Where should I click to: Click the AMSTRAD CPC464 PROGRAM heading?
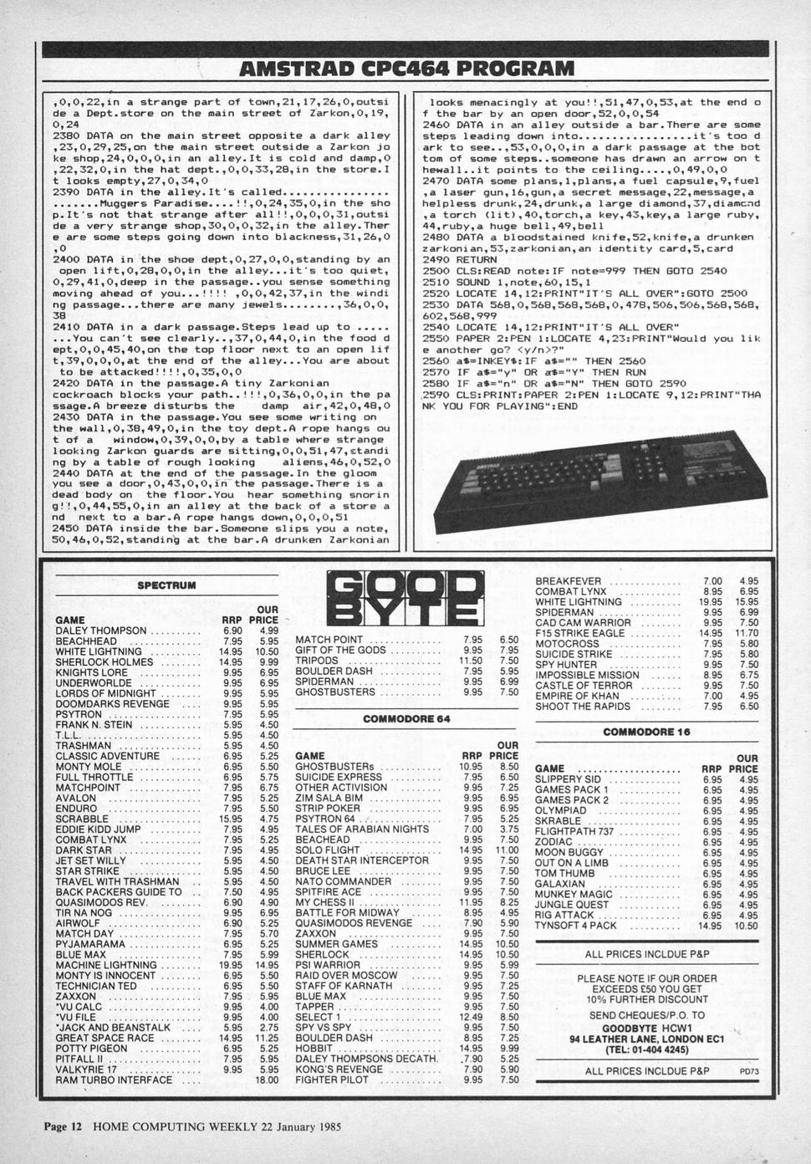tap(406, 68)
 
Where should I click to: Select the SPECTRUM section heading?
tap(166, 585)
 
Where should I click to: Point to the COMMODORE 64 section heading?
tap(406, 718)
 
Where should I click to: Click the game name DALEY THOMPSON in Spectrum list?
tap(100, 630)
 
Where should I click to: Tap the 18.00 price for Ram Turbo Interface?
tap(268, 1080)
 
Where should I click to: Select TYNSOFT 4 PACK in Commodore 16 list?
tap(575, 926)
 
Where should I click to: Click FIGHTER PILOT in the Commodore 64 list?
tap(332, 1080)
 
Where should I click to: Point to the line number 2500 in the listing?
tap(436, 271)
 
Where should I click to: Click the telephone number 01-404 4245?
tap(647, 1049)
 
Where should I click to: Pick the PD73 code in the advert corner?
tap(748, 1071)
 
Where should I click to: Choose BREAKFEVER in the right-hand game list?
tap(568, 581)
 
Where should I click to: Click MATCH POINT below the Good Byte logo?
tap(329, 640)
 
